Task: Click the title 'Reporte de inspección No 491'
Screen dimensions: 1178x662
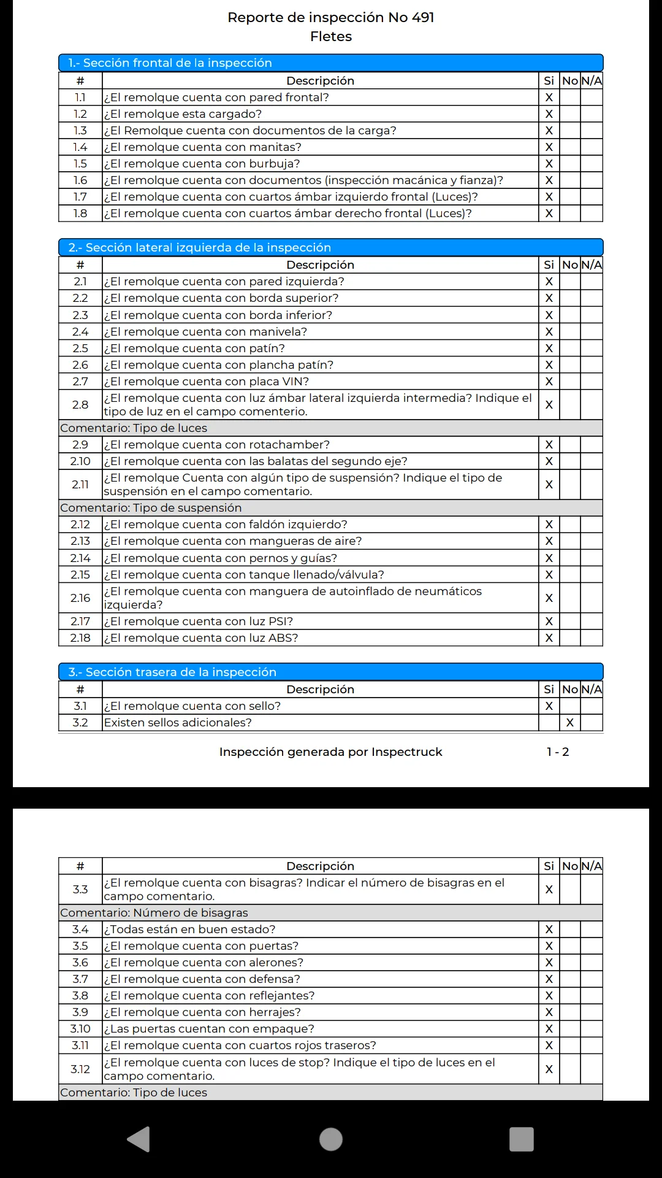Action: pos(330,17)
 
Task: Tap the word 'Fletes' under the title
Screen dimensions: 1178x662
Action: pos(330,37)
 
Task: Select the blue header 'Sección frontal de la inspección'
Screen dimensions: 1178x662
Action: pos(170,63)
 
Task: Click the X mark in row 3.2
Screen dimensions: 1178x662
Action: pos(570,723)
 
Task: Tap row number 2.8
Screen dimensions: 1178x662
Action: pos(80,405)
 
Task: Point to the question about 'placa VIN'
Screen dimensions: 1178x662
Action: pos(207,382)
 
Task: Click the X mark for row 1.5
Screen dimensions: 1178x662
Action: pos(549,164)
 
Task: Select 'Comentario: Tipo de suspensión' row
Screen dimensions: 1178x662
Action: pos(151,508)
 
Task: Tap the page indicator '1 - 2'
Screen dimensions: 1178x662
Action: pos(558,752)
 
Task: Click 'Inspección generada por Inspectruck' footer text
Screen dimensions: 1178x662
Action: pos(330,752)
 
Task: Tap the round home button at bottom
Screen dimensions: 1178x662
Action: pos(331,1139)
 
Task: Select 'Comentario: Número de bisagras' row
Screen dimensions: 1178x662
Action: pos(154,913)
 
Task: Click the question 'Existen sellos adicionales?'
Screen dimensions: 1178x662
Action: pos(178,723)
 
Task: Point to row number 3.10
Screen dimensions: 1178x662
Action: pos(80,1029)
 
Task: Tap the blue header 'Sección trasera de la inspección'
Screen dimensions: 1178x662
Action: pos(172,672)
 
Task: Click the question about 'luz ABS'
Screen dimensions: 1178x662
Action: pos(201,638)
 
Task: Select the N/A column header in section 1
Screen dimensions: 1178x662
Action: pos(592,81)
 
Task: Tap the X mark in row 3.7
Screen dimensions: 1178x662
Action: pos(549,979)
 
